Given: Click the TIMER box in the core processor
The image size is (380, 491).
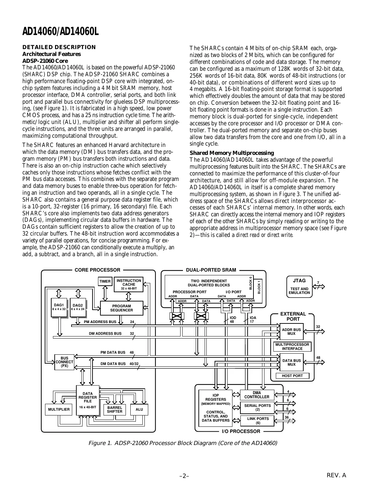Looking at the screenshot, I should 105,281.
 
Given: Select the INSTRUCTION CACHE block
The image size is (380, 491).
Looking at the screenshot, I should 129,285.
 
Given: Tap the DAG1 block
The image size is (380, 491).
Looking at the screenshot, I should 59,307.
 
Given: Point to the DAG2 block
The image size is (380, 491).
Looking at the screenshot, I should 78,307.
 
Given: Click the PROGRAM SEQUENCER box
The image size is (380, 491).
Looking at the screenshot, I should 121,308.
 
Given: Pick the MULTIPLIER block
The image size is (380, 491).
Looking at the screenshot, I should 58,409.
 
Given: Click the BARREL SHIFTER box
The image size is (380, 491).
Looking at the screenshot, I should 115,409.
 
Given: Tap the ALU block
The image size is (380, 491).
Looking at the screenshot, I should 139,409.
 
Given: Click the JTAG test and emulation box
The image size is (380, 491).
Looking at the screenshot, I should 299,286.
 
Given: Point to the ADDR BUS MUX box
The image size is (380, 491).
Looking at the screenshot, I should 291,332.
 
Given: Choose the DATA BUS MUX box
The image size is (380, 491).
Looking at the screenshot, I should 291,362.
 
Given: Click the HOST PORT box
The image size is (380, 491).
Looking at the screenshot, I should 292,376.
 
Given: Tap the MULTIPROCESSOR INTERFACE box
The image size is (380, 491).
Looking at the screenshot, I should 292,346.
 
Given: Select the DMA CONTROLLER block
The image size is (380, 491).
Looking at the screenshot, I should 257,395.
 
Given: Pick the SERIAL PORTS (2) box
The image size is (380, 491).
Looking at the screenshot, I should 257,408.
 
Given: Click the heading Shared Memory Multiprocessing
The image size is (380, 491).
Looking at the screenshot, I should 232,153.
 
